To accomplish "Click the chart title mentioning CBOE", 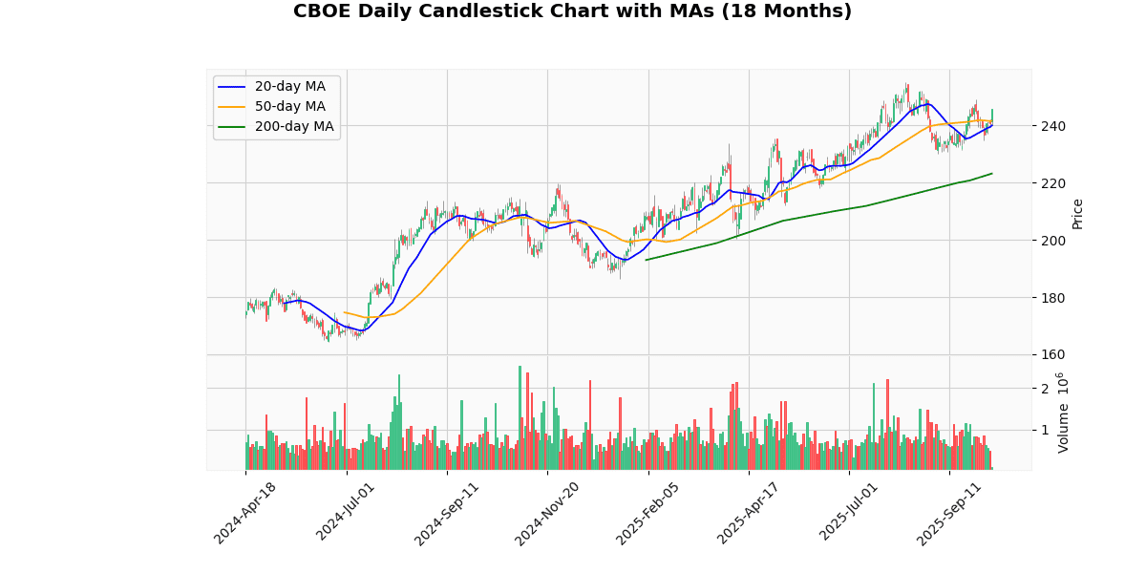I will [x=572, y=11].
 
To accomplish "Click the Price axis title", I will [x=1077, y=213].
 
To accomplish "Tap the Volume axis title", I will [x=1063, y=413].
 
